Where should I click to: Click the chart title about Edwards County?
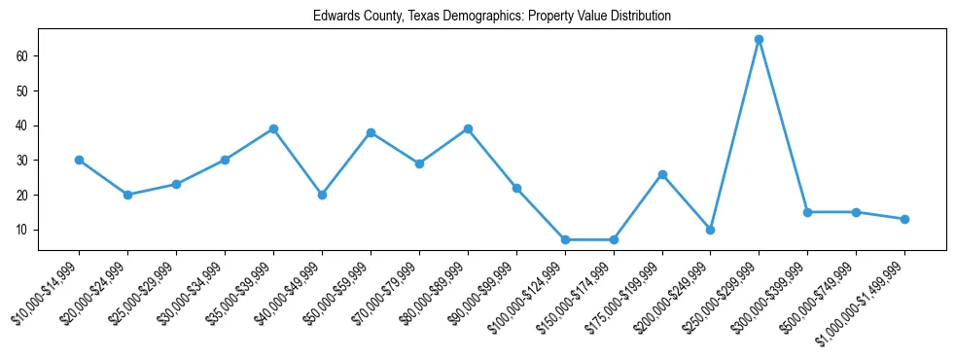(x=491, y=17)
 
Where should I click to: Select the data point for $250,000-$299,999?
(x=759, y=39)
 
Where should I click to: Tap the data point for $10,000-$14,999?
(x=79, y=160)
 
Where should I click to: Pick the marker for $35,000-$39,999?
(x=273, y=128)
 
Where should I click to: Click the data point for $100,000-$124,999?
(x=564, y=239)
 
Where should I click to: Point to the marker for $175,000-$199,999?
(x=661, y=174)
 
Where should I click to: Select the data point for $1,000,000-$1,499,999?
(x=904, y=219)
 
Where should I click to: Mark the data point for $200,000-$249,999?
(x=710, y=230)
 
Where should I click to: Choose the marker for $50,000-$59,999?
(x=371, y=132)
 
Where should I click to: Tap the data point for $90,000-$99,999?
(x=516, y=188)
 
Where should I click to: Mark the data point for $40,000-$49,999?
(x=322, y=195)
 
